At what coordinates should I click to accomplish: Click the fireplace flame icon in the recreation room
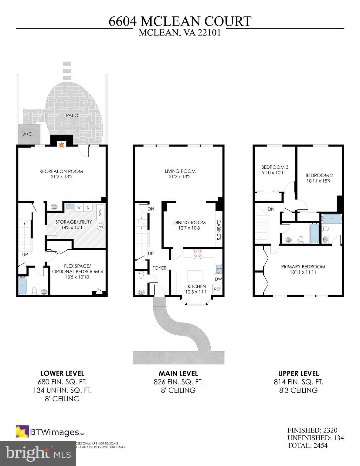61,145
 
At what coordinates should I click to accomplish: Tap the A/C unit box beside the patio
28,134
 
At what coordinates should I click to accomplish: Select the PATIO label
72,116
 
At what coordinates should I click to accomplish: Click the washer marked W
79,208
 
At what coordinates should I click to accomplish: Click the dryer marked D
88,208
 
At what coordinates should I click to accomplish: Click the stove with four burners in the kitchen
197,254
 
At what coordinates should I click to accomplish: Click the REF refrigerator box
217,289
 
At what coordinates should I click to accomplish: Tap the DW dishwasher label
218,279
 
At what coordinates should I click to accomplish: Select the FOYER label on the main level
159,268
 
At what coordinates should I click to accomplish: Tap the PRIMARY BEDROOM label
303,267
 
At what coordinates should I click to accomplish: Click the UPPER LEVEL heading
298,373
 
